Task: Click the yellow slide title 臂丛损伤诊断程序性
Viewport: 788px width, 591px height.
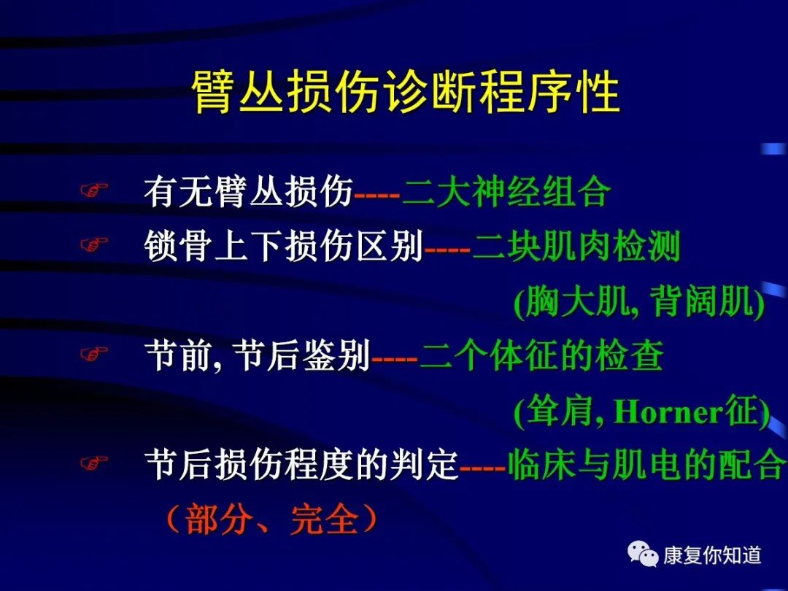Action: (x=406, y=93)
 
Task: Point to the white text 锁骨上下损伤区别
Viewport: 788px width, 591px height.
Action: (x=284, y=246)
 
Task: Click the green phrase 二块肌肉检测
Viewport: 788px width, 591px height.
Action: (x=576, y=246)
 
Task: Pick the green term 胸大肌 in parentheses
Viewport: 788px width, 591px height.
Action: (x=576, y=302)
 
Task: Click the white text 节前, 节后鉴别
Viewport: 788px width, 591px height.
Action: (x=258, y=355)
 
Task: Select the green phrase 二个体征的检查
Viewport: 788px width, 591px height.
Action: (x=541, y=355)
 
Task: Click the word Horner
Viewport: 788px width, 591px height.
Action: (x=668, y=412)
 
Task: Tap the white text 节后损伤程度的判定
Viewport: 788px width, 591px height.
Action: (x=301, y=464)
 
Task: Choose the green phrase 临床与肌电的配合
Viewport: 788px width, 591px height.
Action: (x=646, y=464)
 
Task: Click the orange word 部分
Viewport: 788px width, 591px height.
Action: (x=219, y=519)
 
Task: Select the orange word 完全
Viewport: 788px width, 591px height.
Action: (x=325, y=519)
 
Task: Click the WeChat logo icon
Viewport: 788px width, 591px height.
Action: (x=643, y=554)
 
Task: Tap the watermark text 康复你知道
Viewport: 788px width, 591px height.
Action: (x=712, y=555)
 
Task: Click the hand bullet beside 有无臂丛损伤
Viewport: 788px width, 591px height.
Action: (x=94, y=190)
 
